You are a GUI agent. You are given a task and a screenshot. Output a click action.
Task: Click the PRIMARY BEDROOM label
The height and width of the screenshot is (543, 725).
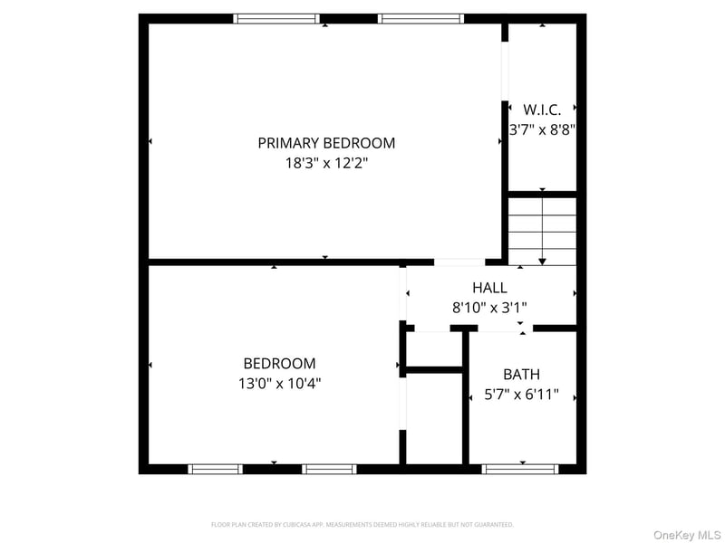click(326, 143)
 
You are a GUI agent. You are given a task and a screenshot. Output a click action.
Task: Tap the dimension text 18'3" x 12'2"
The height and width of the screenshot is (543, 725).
click(326, 163)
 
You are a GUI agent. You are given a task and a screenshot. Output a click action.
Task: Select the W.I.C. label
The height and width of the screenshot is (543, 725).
click(542, 110)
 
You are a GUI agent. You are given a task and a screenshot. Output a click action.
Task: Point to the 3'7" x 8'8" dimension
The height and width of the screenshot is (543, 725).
click(542, 129)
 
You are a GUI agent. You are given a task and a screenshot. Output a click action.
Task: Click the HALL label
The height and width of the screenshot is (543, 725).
click(489, 288)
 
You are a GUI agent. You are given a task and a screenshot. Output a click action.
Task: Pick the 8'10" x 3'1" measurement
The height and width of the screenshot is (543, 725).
click(489, 308)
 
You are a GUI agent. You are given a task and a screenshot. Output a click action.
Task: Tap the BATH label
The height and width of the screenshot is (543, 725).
click(522, 375)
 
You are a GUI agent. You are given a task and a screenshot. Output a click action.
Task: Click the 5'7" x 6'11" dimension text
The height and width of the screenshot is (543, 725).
click(522, 395)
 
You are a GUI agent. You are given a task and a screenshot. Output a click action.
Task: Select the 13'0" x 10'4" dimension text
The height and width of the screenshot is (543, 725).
click(280, 383)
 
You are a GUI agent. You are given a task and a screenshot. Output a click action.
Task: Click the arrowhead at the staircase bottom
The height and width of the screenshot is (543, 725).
click(542, 262)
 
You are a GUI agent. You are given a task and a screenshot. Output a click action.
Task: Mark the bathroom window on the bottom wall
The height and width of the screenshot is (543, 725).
click(520, 469)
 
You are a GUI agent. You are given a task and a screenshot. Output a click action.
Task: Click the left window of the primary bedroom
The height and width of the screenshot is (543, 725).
click(276, 19)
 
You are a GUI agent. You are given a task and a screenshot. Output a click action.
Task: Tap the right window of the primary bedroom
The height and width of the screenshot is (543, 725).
click(420, 19)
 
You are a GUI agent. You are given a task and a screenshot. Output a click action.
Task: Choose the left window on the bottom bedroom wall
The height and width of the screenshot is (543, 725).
click(215, 469)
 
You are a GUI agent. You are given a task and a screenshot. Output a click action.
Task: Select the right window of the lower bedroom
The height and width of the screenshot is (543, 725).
click(329, 469)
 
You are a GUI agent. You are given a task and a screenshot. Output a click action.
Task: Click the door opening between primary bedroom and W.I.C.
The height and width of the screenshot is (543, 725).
click(505, 71)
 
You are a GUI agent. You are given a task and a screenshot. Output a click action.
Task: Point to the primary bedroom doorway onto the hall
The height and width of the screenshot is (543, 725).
click(459, 262)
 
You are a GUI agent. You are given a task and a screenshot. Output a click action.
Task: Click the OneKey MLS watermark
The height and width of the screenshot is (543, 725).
click(687, 535)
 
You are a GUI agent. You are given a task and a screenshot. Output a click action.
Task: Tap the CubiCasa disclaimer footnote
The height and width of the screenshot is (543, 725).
click(362, 525)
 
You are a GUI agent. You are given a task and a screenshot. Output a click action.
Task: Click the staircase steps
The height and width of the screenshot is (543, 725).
click(542, 232)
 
